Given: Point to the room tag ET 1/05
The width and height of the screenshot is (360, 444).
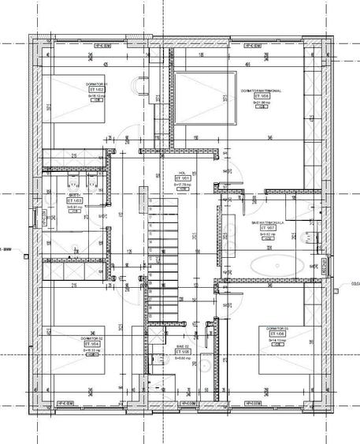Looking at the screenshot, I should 182,351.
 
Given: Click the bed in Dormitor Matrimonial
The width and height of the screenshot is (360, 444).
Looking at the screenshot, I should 205,97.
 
